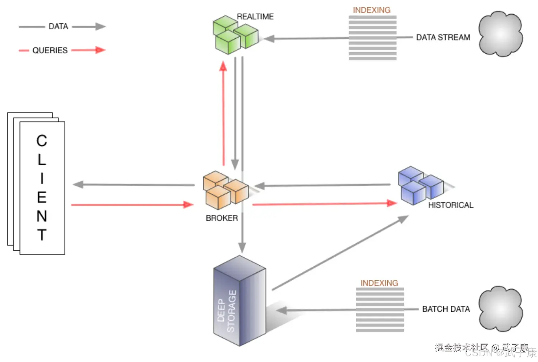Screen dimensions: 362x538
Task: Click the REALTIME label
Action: click(255, 16)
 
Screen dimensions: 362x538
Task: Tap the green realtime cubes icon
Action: click(235, 35)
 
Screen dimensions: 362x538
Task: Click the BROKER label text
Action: click(222, 218)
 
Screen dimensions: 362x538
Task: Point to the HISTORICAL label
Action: click(450, 205)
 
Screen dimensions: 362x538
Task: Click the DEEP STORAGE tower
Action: click(239, 301)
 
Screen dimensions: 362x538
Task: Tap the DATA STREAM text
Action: click(443, 37)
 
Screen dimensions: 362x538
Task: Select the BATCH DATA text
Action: click(446, 309)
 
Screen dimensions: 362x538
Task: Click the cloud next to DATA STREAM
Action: click(500, 34)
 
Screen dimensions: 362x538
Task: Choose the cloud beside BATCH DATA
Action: click(500, 309)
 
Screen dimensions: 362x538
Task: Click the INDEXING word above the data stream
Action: click(372, 10)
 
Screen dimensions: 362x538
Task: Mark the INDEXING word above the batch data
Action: click(379, 283)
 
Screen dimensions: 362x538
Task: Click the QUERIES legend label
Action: click(50, 51)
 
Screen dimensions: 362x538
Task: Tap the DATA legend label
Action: click(58, 27)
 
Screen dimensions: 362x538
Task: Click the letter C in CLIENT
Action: click(42, 140)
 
